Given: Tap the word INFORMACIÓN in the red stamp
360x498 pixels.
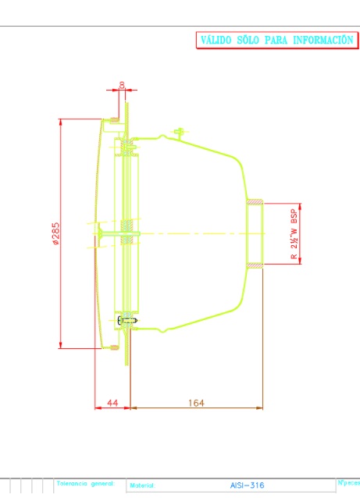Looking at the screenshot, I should coord(323,40).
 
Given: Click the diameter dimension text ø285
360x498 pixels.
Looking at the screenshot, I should coord(55,233).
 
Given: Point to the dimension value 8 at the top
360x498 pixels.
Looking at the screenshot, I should coord(122,85).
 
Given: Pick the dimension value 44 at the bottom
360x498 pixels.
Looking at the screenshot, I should coord(112,402).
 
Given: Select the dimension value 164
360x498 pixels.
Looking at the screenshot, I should coord(196,402).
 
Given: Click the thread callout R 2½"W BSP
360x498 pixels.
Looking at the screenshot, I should coord(294,233).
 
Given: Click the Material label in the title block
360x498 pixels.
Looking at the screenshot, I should coord(143,486).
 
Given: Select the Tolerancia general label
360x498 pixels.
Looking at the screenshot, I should coord(86,484).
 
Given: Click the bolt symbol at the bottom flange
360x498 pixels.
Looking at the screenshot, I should coord(127,320).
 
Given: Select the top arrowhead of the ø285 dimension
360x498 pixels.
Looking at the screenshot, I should coord(61,122).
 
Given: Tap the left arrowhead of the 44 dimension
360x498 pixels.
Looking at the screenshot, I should coord(98,407).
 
